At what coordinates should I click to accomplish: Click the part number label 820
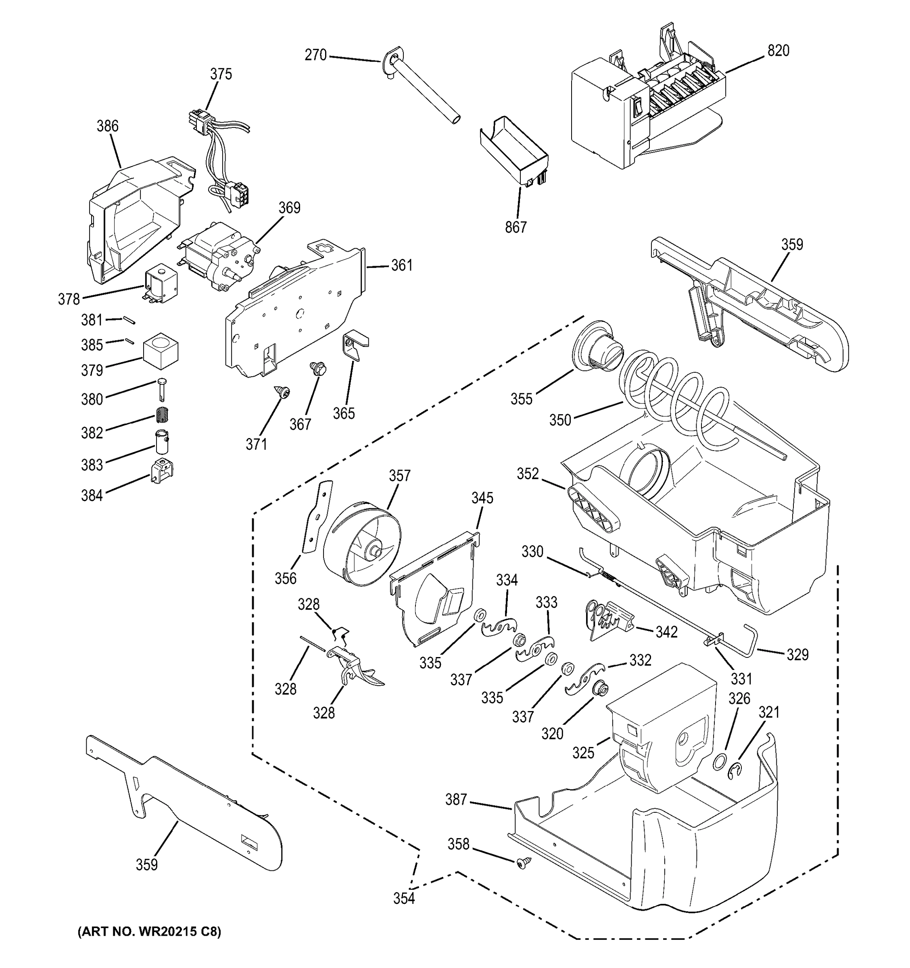coord(778,51)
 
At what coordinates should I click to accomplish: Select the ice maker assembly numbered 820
coord(643,112)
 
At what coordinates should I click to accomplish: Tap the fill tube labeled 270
coord(424,90)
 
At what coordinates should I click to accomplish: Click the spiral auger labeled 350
coord(677,399)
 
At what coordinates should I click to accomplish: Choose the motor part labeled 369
coord(219,258)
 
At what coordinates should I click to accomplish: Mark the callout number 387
coord(456,799)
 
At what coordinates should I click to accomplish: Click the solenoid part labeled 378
coord(161,285)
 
